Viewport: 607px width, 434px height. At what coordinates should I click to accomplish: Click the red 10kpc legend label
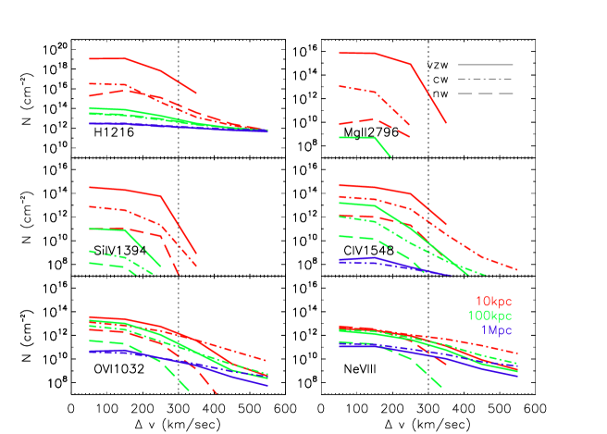(x=493, y=302)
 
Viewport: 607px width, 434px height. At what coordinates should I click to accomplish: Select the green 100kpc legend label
(x=489, y=316)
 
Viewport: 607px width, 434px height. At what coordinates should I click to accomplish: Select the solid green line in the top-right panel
(x=356, y=137)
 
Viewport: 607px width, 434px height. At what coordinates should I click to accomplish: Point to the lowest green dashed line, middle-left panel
(x=111, y=264)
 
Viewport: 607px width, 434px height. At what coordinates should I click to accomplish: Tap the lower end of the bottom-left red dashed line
(x=215, y=392)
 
